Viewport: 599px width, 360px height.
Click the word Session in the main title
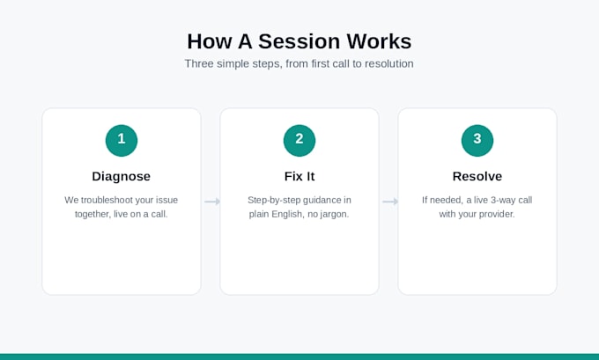[x=299, y=41]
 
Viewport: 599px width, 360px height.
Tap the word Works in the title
[x=379, y=41]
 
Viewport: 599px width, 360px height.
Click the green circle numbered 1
[x=122, y=141]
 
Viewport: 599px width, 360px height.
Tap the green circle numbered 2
[x=299, y=141]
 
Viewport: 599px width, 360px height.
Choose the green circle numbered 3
[x=477, y=141]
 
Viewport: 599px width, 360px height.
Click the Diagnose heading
[x=121, y=176]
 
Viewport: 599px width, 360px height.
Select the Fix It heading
[x=299, y=176]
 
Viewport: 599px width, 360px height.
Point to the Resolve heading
[x=477, y=176]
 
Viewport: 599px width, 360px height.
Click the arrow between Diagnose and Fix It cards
[x=212, y=202]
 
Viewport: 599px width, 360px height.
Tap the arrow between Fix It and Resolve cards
[x=390, y=202]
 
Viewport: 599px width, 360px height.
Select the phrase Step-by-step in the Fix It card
[x=274, y=200]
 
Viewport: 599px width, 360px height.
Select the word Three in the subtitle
[x=199, y=63]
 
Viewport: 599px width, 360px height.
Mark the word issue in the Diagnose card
[x=167, y=200]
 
